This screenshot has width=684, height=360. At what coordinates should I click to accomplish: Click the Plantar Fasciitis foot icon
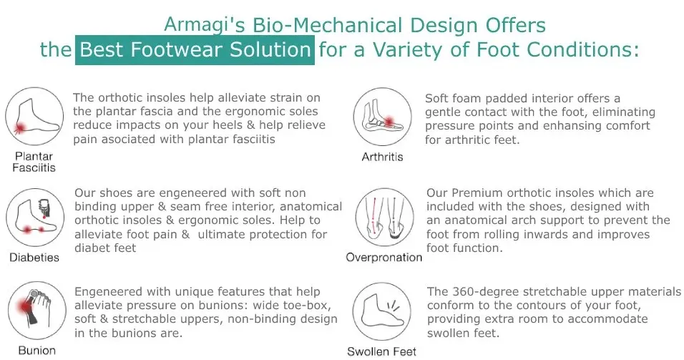(34, 116)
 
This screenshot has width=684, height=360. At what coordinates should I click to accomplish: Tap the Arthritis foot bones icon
(382, 117)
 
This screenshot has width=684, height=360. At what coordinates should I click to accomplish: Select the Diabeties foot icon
(35, 218)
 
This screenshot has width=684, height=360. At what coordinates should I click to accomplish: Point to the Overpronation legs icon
(384, 218)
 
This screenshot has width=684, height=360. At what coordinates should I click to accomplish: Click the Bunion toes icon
(37, 311)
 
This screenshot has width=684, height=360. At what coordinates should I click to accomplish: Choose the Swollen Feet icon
(381, 311)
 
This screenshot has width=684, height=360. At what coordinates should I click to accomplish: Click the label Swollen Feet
(381, 351)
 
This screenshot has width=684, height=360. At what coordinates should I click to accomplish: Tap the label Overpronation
(384, 258)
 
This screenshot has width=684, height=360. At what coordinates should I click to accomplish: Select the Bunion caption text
(37, 351)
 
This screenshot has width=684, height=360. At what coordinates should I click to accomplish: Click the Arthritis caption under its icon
(382, 157)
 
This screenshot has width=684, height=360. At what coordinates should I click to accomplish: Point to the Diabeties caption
(34, 258)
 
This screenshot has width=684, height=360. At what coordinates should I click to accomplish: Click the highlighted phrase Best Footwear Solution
(195, 50)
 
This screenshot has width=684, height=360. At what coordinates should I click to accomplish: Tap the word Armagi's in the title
(205, 25)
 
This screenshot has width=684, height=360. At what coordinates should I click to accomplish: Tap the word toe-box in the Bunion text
(308, 305)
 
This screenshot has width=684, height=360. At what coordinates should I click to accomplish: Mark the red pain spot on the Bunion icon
(25, 306)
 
